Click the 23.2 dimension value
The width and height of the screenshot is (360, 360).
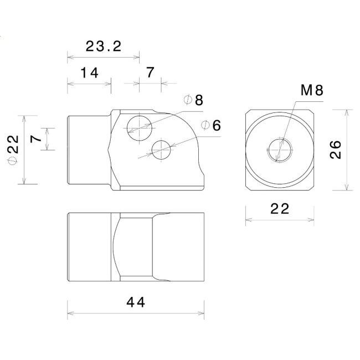coord(104,47)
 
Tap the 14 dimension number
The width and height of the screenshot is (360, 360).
coord(90,73)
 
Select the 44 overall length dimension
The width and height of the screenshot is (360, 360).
coord(136,302)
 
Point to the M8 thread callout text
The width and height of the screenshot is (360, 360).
coord(312,90)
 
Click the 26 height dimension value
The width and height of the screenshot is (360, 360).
coord(336,150)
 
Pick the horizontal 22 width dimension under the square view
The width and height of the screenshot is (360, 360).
coord(280,209)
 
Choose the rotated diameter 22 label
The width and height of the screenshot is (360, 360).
coord(13,150)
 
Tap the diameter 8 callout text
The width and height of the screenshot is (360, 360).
coord(193,100)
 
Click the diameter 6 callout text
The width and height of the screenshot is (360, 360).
coord(211,125)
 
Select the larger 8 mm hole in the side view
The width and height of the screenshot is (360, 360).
coord(140,128)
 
